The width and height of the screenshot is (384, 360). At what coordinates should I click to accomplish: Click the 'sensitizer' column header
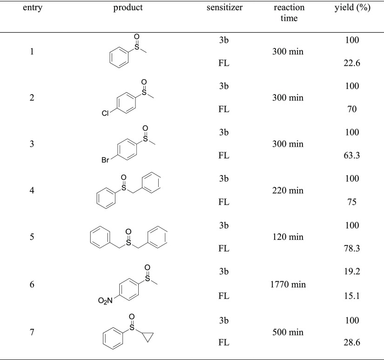[224, 8]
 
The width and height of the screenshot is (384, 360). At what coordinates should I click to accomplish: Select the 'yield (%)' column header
[352, 8]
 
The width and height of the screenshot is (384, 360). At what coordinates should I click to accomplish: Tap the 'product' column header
[128, 8]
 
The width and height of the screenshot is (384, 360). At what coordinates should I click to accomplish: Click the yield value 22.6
[352, 64]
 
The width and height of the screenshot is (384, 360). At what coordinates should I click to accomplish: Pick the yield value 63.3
[352, 156]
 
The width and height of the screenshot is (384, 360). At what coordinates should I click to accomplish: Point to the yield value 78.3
[352, 249]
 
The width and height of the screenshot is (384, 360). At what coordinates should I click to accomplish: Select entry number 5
[32, 237]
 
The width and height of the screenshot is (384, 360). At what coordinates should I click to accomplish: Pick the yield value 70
[352, 110]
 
